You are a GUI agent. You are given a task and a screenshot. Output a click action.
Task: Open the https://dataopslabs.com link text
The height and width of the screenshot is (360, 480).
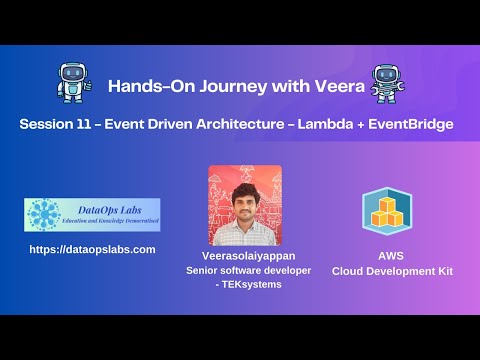pos(92,249)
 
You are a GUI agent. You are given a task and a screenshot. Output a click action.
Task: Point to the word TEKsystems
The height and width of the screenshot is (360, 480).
pos(248,285)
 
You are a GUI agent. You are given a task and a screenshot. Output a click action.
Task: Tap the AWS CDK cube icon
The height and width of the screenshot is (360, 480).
pos(387,210)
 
